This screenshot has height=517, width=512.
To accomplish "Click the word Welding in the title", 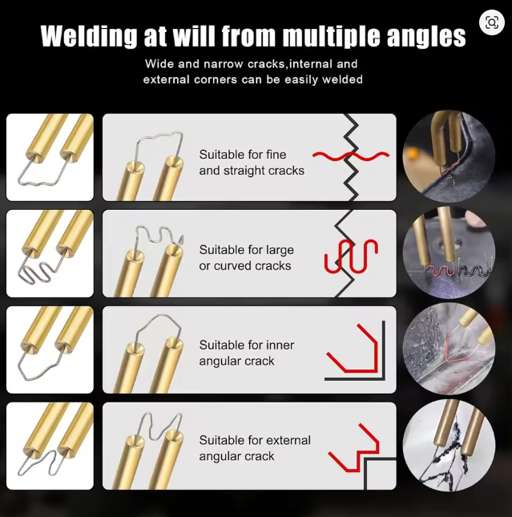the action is (88, 35).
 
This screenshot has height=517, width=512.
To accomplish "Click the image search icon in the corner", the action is (491, 22).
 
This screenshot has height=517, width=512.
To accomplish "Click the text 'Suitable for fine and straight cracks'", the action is (252, 163).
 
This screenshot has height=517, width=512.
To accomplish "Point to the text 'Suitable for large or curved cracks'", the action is (246, 257).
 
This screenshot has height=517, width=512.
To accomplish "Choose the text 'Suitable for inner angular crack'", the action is (246, 353).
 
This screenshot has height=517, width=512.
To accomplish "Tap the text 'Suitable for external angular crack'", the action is (255, 448).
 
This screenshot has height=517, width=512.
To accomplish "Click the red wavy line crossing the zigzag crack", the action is (351, 156).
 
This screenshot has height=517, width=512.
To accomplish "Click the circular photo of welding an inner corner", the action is (449, 349).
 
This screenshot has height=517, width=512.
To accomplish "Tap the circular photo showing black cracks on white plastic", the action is (449, 445).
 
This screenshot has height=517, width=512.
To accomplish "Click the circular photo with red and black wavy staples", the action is (449, 253).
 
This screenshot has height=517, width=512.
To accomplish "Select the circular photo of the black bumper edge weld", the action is (449, 156).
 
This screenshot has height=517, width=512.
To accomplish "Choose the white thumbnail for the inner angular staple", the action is (50, 349).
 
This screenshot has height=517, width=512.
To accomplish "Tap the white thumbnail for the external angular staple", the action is (50, 446).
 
